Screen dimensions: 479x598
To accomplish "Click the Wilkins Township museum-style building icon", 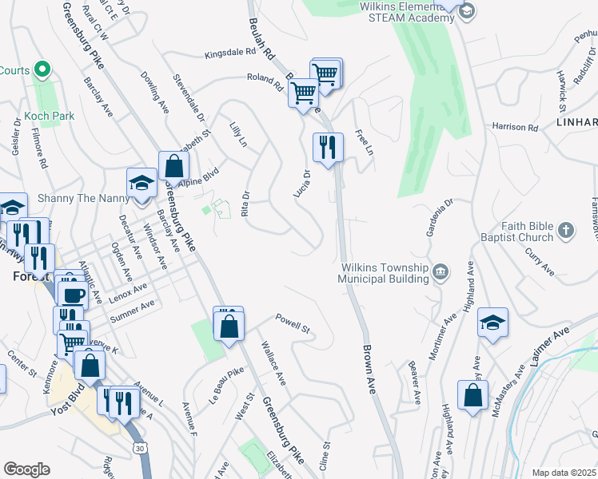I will click(x=441, y=274).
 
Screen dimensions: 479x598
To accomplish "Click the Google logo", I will click(x=26, y=469).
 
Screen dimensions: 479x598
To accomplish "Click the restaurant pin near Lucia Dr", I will click(x=328, y=148).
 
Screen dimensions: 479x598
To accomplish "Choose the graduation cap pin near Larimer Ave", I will click(x=492, y=323).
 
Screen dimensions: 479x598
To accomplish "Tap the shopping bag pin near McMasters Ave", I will click(x=472, y=394).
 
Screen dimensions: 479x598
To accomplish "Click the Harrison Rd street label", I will click(x=515, y=127).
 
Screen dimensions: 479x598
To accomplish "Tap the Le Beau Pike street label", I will click(x=225, y=382).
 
